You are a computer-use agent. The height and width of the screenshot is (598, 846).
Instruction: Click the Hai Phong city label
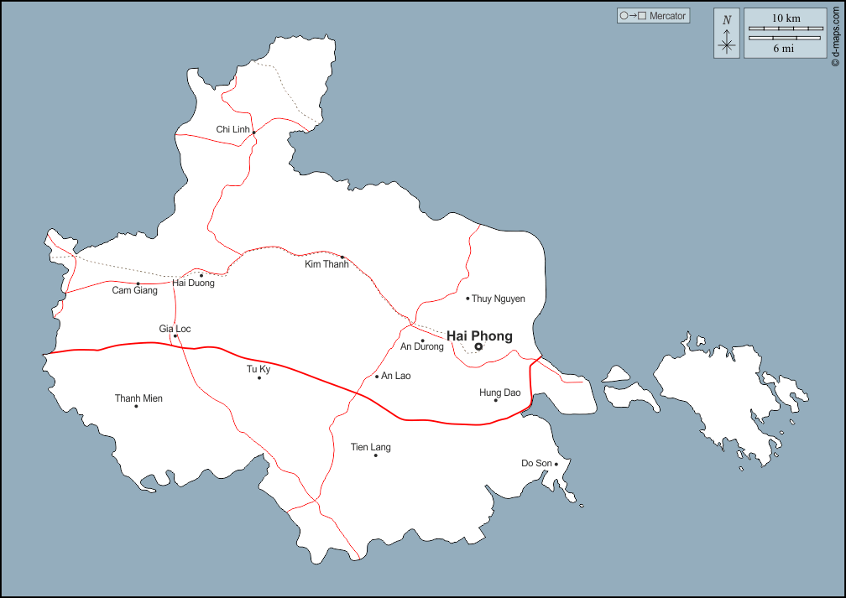479,335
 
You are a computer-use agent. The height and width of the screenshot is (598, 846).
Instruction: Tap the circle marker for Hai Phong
478,346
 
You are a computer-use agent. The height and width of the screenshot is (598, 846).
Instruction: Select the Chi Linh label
233,129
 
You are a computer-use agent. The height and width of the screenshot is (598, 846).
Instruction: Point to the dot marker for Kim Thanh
342,257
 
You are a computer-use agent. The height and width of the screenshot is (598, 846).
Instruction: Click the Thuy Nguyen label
499,299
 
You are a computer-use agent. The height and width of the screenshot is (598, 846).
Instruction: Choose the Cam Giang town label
135,291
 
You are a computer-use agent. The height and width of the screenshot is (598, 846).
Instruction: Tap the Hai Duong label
194,283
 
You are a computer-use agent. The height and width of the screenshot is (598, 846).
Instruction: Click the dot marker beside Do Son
556,464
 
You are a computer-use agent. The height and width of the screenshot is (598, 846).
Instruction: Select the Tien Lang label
371,447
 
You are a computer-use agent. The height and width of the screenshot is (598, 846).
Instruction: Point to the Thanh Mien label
138,398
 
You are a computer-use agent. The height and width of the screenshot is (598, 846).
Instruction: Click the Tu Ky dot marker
259,377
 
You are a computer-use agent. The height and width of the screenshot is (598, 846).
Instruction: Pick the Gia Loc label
175,329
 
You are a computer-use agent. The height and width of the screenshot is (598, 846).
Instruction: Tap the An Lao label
396,376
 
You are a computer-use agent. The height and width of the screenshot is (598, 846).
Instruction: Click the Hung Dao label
500,393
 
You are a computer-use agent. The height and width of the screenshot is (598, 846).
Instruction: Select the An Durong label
421,346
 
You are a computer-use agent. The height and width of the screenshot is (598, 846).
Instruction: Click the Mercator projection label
667,16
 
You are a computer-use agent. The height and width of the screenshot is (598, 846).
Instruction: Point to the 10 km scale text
786,18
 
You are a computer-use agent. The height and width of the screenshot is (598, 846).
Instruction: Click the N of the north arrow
727,20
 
